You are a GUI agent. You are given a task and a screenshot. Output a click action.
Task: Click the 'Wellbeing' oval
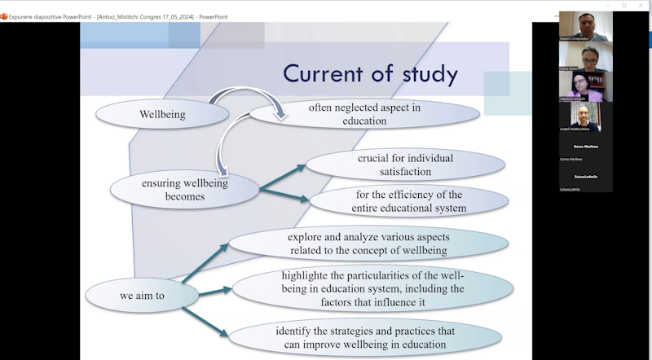click(162, 115)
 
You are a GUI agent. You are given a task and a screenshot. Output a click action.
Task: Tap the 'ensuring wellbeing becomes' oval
click(184, 190)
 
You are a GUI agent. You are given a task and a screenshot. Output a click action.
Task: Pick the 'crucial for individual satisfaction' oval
click(405, 165)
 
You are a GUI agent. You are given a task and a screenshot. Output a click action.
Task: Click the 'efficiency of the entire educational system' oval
click(410, 201)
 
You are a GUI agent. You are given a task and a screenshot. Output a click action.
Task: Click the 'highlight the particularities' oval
click(372, 289)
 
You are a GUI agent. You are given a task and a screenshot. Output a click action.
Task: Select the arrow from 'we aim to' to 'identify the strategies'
click(204, 320)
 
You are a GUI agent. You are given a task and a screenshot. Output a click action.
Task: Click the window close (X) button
click(644, 5)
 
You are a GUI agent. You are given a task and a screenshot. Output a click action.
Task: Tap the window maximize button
click(624, 5)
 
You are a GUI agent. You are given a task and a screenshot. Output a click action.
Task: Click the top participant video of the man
click(585, 26)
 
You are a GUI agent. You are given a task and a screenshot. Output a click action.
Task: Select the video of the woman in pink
click(585, 86)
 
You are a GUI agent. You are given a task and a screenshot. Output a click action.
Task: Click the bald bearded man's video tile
click(585, 116)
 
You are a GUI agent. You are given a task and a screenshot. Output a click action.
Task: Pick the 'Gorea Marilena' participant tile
click(585, 147)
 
